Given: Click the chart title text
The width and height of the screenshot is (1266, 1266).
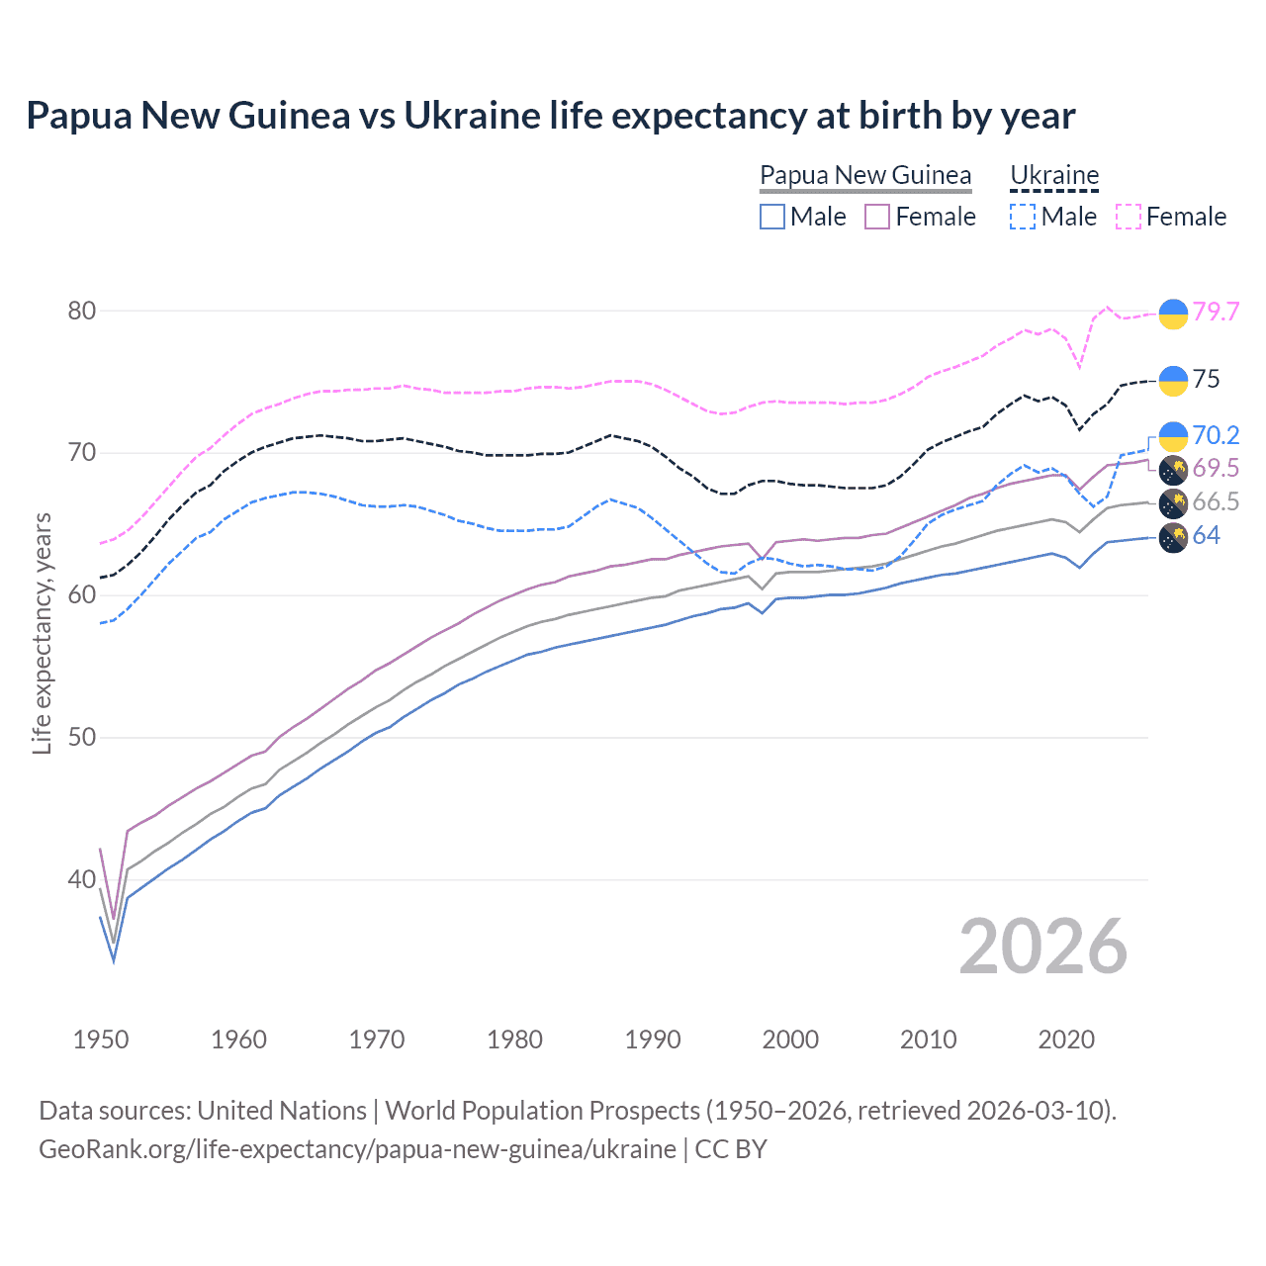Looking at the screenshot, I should click(550, 116).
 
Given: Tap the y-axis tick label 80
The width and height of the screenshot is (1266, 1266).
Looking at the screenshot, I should click(82, 311).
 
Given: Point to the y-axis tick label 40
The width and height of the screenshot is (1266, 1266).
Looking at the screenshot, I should click(82, 879).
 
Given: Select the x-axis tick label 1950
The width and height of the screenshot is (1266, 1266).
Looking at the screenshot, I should click(101, 1040).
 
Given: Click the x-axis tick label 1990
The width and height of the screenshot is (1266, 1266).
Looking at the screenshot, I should click(653, 1040).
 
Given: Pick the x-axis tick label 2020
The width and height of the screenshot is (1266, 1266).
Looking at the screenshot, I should click(1066, 1040).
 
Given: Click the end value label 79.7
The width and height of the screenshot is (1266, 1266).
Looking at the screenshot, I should click(1216, 312).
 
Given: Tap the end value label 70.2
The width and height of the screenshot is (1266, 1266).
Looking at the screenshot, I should click(1216, 435).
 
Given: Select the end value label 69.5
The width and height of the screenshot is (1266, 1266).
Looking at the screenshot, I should click(1216, 468).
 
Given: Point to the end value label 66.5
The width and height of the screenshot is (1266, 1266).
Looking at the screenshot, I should click(1216, 501).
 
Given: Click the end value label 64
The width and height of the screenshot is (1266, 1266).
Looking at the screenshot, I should click(1206, 535).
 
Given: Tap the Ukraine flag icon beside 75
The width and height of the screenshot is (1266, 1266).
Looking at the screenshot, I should click(1173, 380).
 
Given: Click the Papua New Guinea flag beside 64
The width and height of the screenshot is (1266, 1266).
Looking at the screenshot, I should click(1173, 538).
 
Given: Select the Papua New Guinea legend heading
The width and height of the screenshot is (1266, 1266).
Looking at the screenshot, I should click(865, 175).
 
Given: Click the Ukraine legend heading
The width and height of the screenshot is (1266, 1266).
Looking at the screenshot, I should click(1054, 175).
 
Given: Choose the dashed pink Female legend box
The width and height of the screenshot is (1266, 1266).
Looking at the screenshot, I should click(1129, 217).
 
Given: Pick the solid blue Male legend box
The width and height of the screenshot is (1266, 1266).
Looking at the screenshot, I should click(772, 217).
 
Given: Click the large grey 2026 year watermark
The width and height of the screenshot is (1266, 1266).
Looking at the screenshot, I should click(1043, 948).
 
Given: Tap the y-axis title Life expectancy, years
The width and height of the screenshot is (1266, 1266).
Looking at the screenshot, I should click(42, 633).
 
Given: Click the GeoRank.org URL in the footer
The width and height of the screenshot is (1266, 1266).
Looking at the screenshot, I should click(357, 1149).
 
